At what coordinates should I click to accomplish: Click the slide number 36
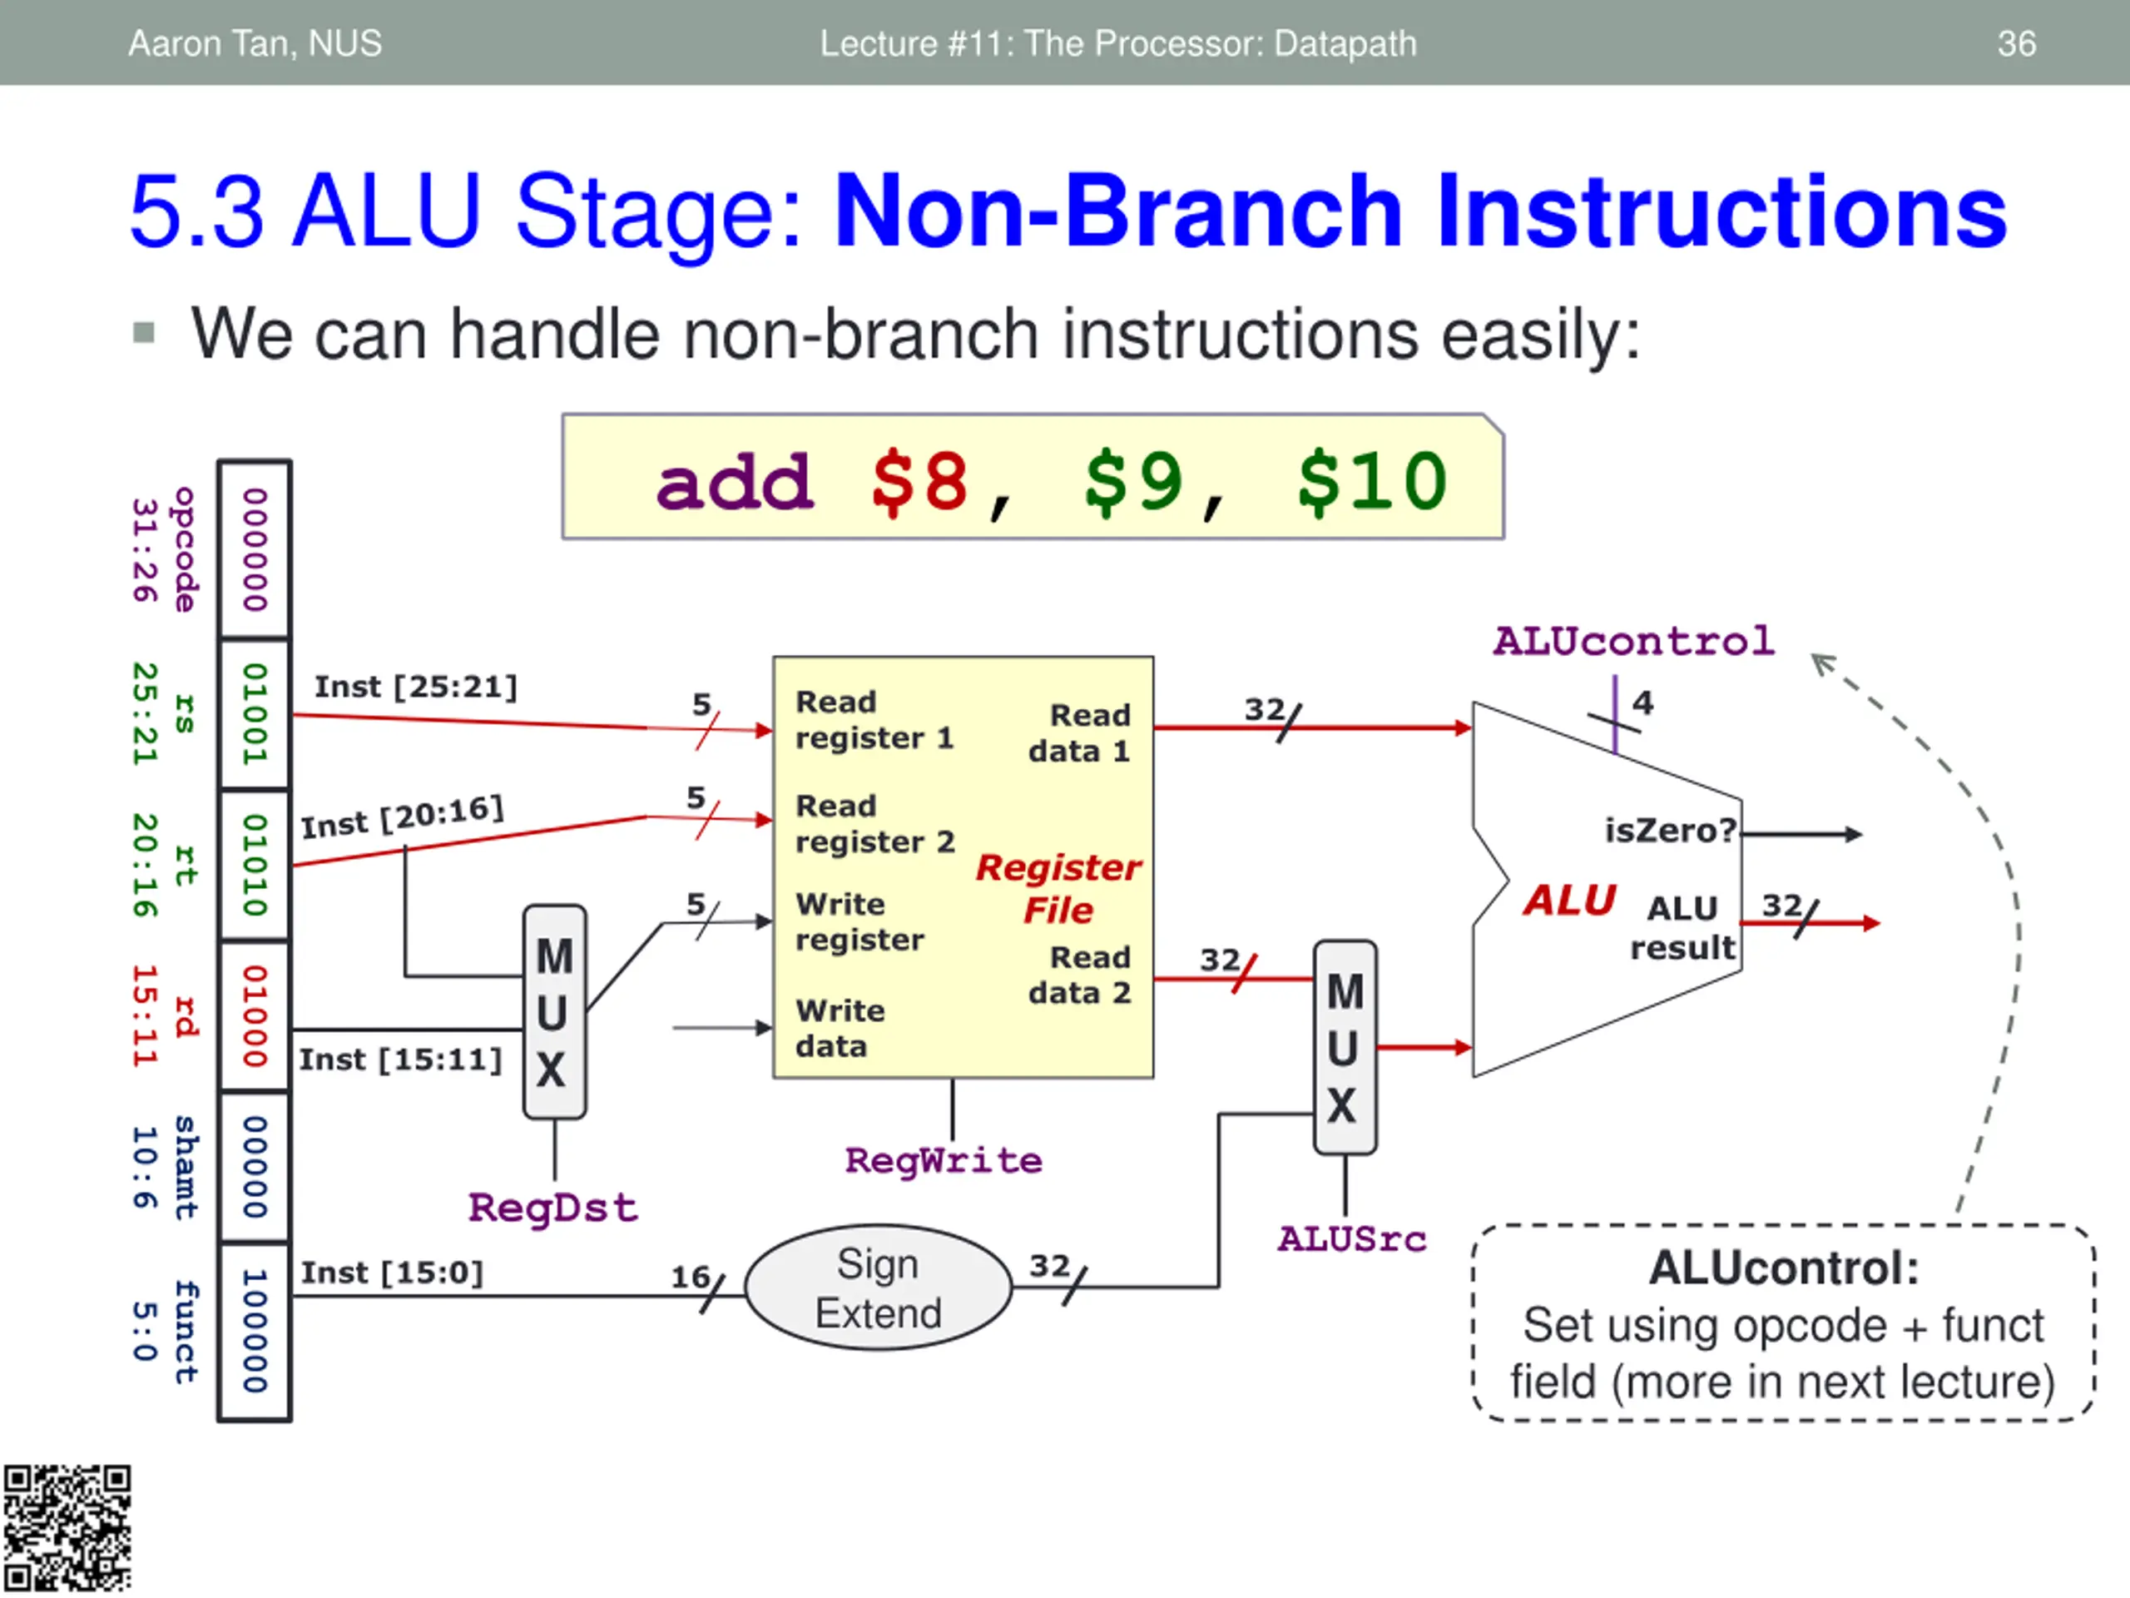pyautogui.click(x=2015, y=43)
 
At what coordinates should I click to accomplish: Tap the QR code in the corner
pyautogui.click(x=67, y=1529)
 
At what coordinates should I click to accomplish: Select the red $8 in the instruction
pyautogui.click(x=919, y=482)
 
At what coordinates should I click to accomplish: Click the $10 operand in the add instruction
pyautogui.click(x=1371, y=482)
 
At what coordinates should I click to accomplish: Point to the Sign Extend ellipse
pyautogui.click(x=878, y=1288)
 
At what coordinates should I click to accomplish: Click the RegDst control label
pyautogui.click(x=552, y=1208)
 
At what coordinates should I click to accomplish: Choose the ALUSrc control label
pyautogui.click(x=1352, y=1238)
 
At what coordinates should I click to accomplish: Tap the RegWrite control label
pyautogui.click(x=944, y=1161)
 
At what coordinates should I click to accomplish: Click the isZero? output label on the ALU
pyautogui.click(x=1670, y=831)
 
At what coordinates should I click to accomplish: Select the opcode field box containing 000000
pyautogui.click(x=255, y=549)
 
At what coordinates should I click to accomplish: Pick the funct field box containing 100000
pyautogui.click(x=255, y=1331)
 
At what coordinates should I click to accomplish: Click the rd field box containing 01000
pyautogui.click(x=255, y=1016)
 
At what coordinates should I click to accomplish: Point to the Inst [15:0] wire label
pyautogui.click(x=392, y=1273)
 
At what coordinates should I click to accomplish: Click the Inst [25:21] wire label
pyautogui.click(x=416, y=687)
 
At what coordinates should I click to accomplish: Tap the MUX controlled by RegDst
pyautogui.click(x=555, y=1011)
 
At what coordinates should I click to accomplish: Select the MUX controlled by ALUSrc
pyautogui.click(x=1345, y=1048)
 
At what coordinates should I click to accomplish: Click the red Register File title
pyautogui.click(x=1058, y=888)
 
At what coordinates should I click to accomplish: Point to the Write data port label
pyautogui.click(x=840, y=1029)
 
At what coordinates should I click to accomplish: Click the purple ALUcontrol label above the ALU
pyautogui.click(x=1633, y=642)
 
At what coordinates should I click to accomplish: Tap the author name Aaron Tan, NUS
pyautogui.click(x=255, y=43)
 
